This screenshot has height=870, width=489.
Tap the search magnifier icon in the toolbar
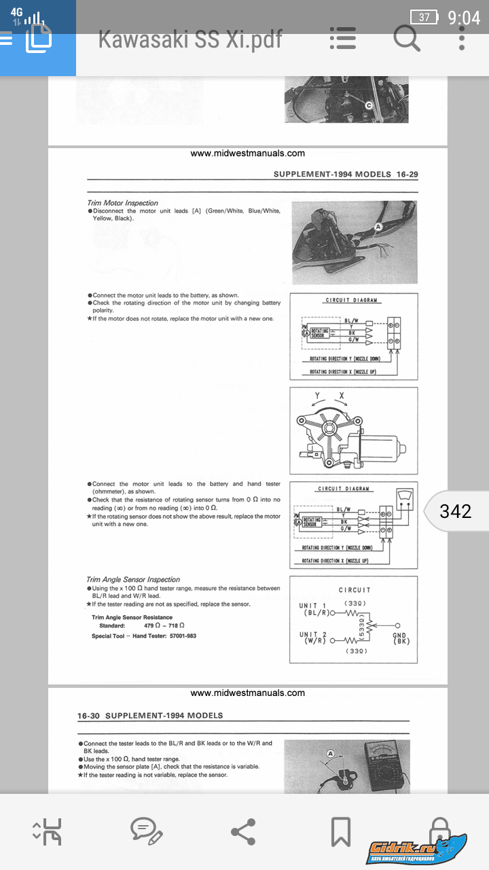(x=407, y=39)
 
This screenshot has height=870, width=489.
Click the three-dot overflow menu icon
(x=462, y=39)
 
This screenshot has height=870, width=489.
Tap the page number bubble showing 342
(x=455, y=511)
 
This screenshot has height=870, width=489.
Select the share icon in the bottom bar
(x=243, y=831)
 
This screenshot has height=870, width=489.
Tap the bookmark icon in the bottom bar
(x=340, y=831)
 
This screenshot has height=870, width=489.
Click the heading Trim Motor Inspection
(x=122, y=203)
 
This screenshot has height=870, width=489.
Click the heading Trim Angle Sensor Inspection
(x=133, y=580)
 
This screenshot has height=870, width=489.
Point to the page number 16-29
(x=407, y=174)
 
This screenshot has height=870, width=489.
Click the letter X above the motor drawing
(x=342, y=395)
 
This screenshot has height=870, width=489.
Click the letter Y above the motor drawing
(x=317, y=395)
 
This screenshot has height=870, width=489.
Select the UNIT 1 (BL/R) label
(x=314, y=609)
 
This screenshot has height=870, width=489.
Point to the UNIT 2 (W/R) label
(x=313, y=638)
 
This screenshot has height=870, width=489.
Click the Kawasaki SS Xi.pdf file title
(x=189, y=39)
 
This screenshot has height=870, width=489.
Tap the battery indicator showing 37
(x=425, y=17)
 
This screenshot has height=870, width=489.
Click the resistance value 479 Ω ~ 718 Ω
(x=164, y=625)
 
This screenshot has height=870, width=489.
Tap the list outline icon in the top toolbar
(x=342, y=39)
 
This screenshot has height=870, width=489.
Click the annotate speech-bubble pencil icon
(x=146, y=831)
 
